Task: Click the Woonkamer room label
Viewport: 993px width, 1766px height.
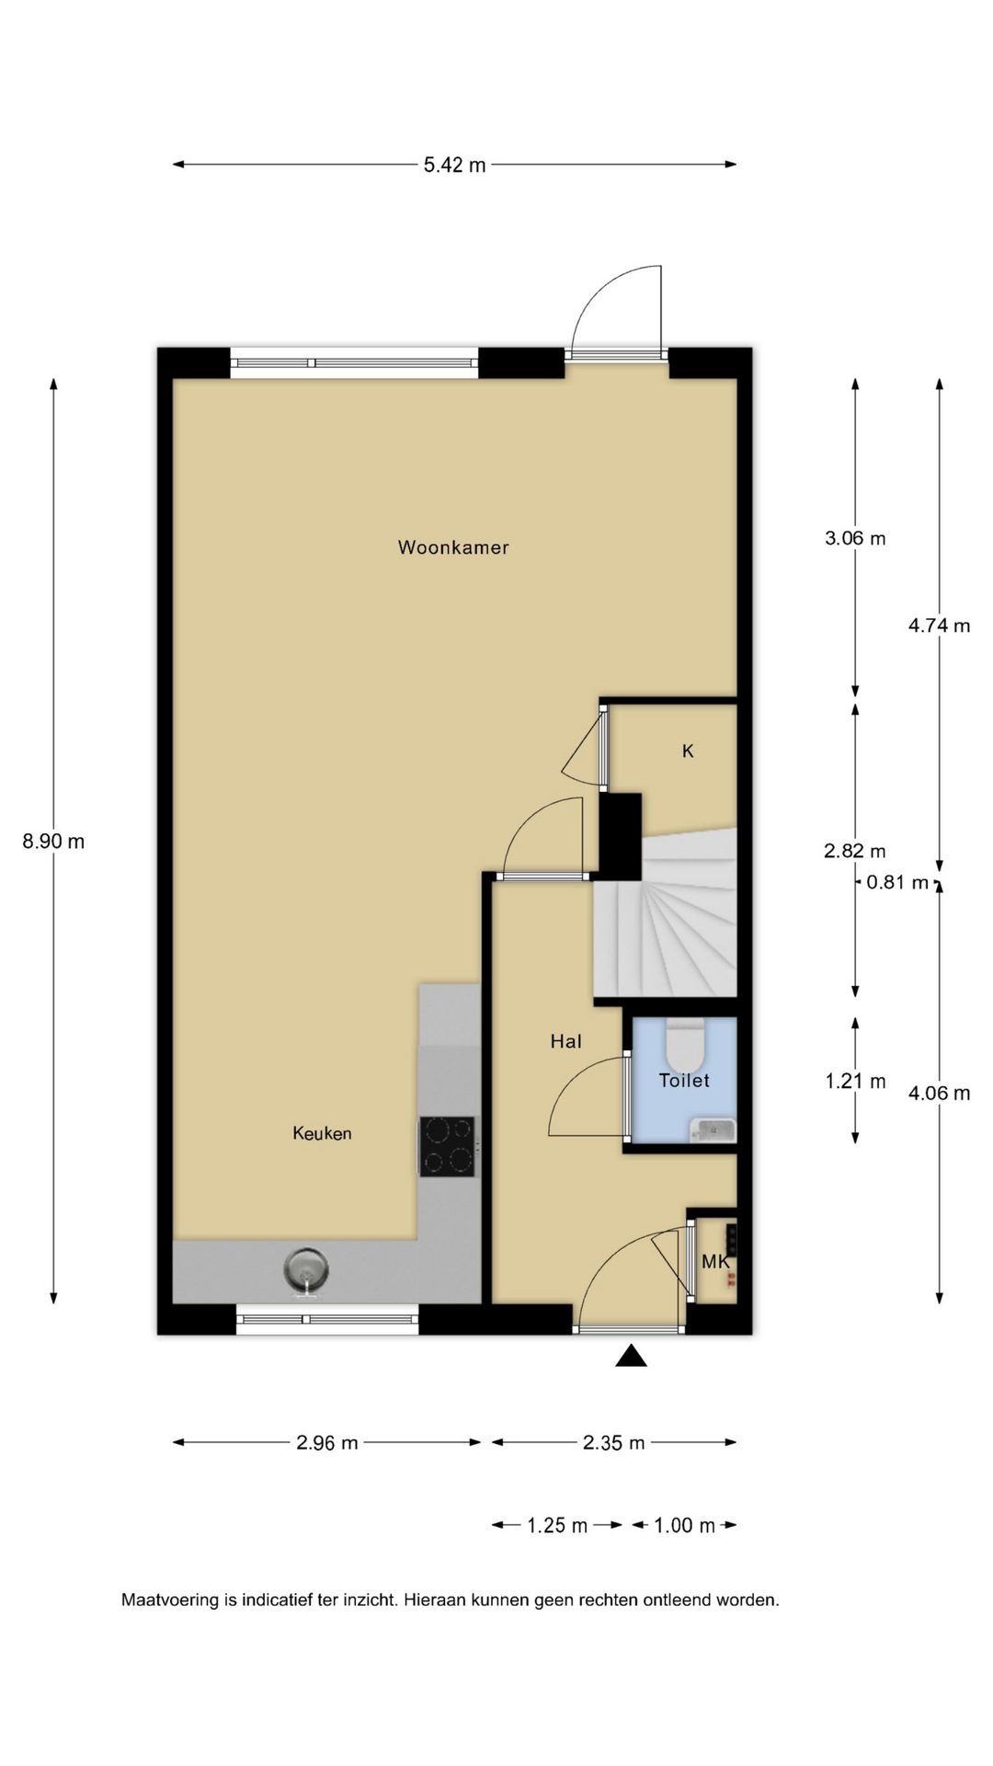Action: pos(453,547)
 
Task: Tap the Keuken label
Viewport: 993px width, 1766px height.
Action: pos(322,1133)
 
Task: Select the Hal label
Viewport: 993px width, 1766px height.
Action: pos(565,1041)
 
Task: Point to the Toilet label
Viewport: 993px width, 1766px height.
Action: pos(684,1081)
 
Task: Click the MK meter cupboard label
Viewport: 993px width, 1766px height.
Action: pos(715,1262)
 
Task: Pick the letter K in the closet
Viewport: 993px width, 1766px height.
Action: pos(688,751)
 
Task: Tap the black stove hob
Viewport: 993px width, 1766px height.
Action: pos(448,1146)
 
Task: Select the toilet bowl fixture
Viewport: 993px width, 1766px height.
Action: pos(685,1040)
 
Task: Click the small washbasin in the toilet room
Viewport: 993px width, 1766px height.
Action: pos(713,1129)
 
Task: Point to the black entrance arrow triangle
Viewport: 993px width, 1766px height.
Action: pos(631,1356)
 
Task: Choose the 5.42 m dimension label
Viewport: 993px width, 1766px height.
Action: pos(454,166)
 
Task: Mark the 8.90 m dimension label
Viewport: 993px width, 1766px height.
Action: pos(53,841)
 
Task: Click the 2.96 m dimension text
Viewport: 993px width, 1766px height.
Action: pos(327,1443)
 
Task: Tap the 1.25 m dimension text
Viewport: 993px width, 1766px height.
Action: pos(557,1526)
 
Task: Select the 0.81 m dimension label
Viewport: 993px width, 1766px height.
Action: pos(897,883)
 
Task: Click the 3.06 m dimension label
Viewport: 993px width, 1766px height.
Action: pos(855,538)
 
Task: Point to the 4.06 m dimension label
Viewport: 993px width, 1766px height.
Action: pos(939,1094)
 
